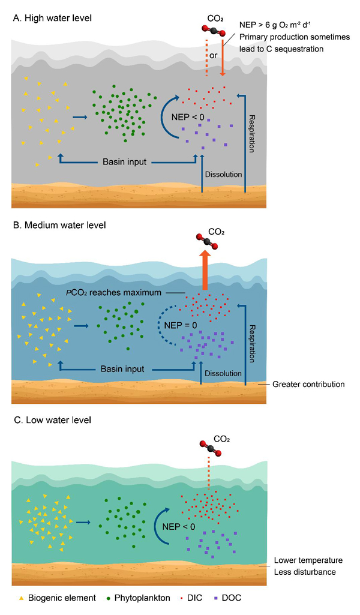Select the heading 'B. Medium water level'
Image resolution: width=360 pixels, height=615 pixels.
click(x=58, y=226)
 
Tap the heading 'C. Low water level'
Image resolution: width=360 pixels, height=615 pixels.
click(x=51, y=420)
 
